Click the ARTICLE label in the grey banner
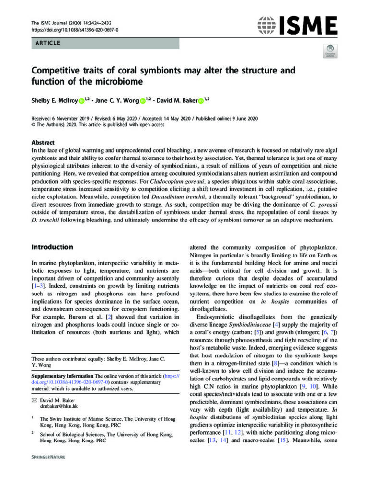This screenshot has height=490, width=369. [47, 43]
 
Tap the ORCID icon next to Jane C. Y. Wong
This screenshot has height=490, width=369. [142, 100]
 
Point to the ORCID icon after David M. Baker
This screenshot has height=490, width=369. [200, 100]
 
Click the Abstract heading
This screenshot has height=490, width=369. [42, 143]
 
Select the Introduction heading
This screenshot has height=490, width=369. [52, 247]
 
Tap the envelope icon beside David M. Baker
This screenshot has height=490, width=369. [34, 399]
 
